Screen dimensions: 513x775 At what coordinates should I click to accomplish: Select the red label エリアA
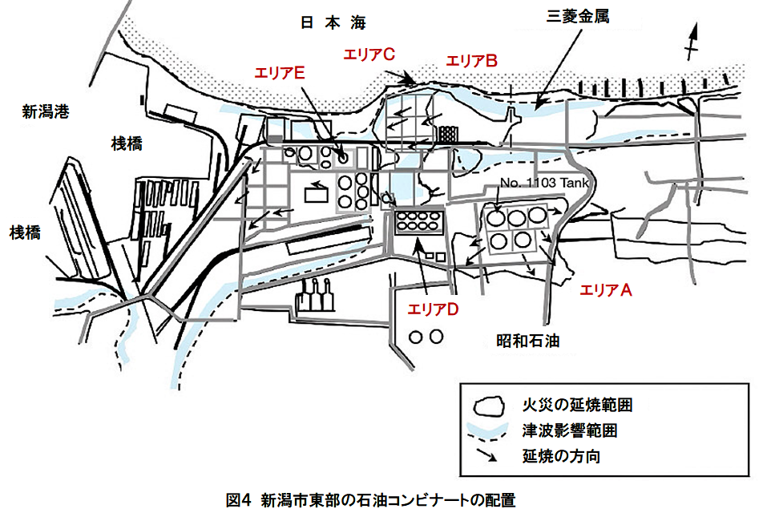pos(606,290)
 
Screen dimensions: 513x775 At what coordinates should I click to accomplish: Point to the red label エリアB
pos(473,60)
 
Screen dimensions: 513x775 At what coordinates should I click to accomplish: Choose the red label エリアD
pos(433,309)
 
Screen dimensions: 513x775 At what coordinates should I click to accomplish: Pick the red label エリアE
pos(280,73)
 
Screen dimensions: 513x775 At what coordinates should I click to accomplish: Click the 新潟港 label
pos(46,111)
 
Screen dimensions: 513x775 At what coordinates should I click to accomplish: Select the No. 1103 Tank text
pos(545,184)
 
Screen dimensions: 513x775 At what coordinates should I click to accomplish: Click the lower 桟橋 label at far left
pos(30,232)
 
